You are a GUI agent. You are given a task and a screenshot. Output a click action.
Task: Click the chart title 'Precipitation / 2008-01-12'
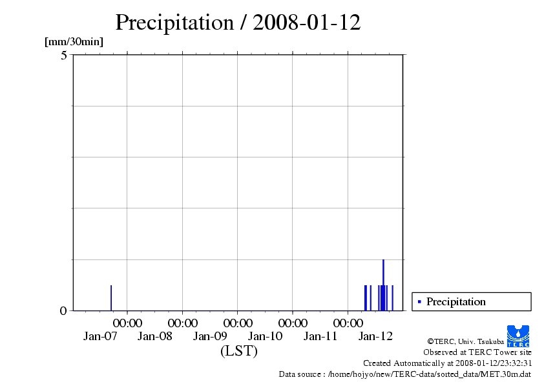pyautogui.click(x=238, y=23)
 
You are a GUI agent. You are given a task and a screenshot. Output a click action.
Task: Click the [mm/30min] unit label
pyautogui.click(x=74, y=42)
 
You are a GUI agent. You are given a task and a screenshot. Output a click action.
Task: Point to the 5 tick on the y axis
pyautogui.click(x=64, y=56)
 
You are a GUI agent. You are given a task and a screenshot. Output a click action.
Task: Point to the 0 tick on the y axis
pyautogui.click(x=64, y=310)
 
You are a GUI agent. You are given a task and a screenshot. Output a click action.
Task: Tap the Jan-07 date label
pyautogui.click(x=100, y=336)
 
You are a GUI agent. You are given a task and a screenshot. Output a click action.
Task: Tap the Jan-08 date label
pyautogui.click(x=155, y=336)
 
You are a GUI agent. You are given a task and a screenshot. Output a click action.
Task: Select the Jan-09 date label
pyautogui.click(x=211, y=336)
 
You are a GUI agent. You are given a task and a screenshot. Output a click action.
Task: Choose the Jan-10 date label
pyautogui.click(x=266, y=336)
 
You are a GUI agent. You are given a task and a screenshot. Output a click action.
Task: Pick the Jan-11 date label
pyautogui.click(x=321, y=336)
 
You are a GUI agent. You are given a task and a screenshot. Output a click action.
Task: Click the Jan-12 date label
pyautogui.click(x=376, y=336)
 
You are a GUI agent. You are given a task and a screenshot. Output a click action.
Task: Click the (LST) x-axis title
pyautogui.click(x=238, y=351)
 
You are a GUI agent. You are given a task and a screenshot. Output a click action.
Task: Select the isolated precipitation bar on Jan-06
pyautogui.click(x=111, y=298)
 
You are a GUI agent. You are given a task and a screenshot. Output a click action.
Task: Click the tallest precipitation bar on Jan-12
pyautogui.click(x=383, y=284)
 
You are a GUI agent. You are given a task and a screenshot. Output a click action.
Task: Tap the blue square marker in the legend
pyautogui.click(x=419, y=301)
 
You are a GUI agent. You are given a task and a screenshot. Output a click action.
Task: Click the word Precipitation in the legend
pyautogui.click(x=456, y=301)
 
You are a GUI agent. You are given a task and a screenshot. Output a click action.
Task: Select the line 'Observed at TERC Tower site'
pyautogui.click(x=477, y=352)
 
